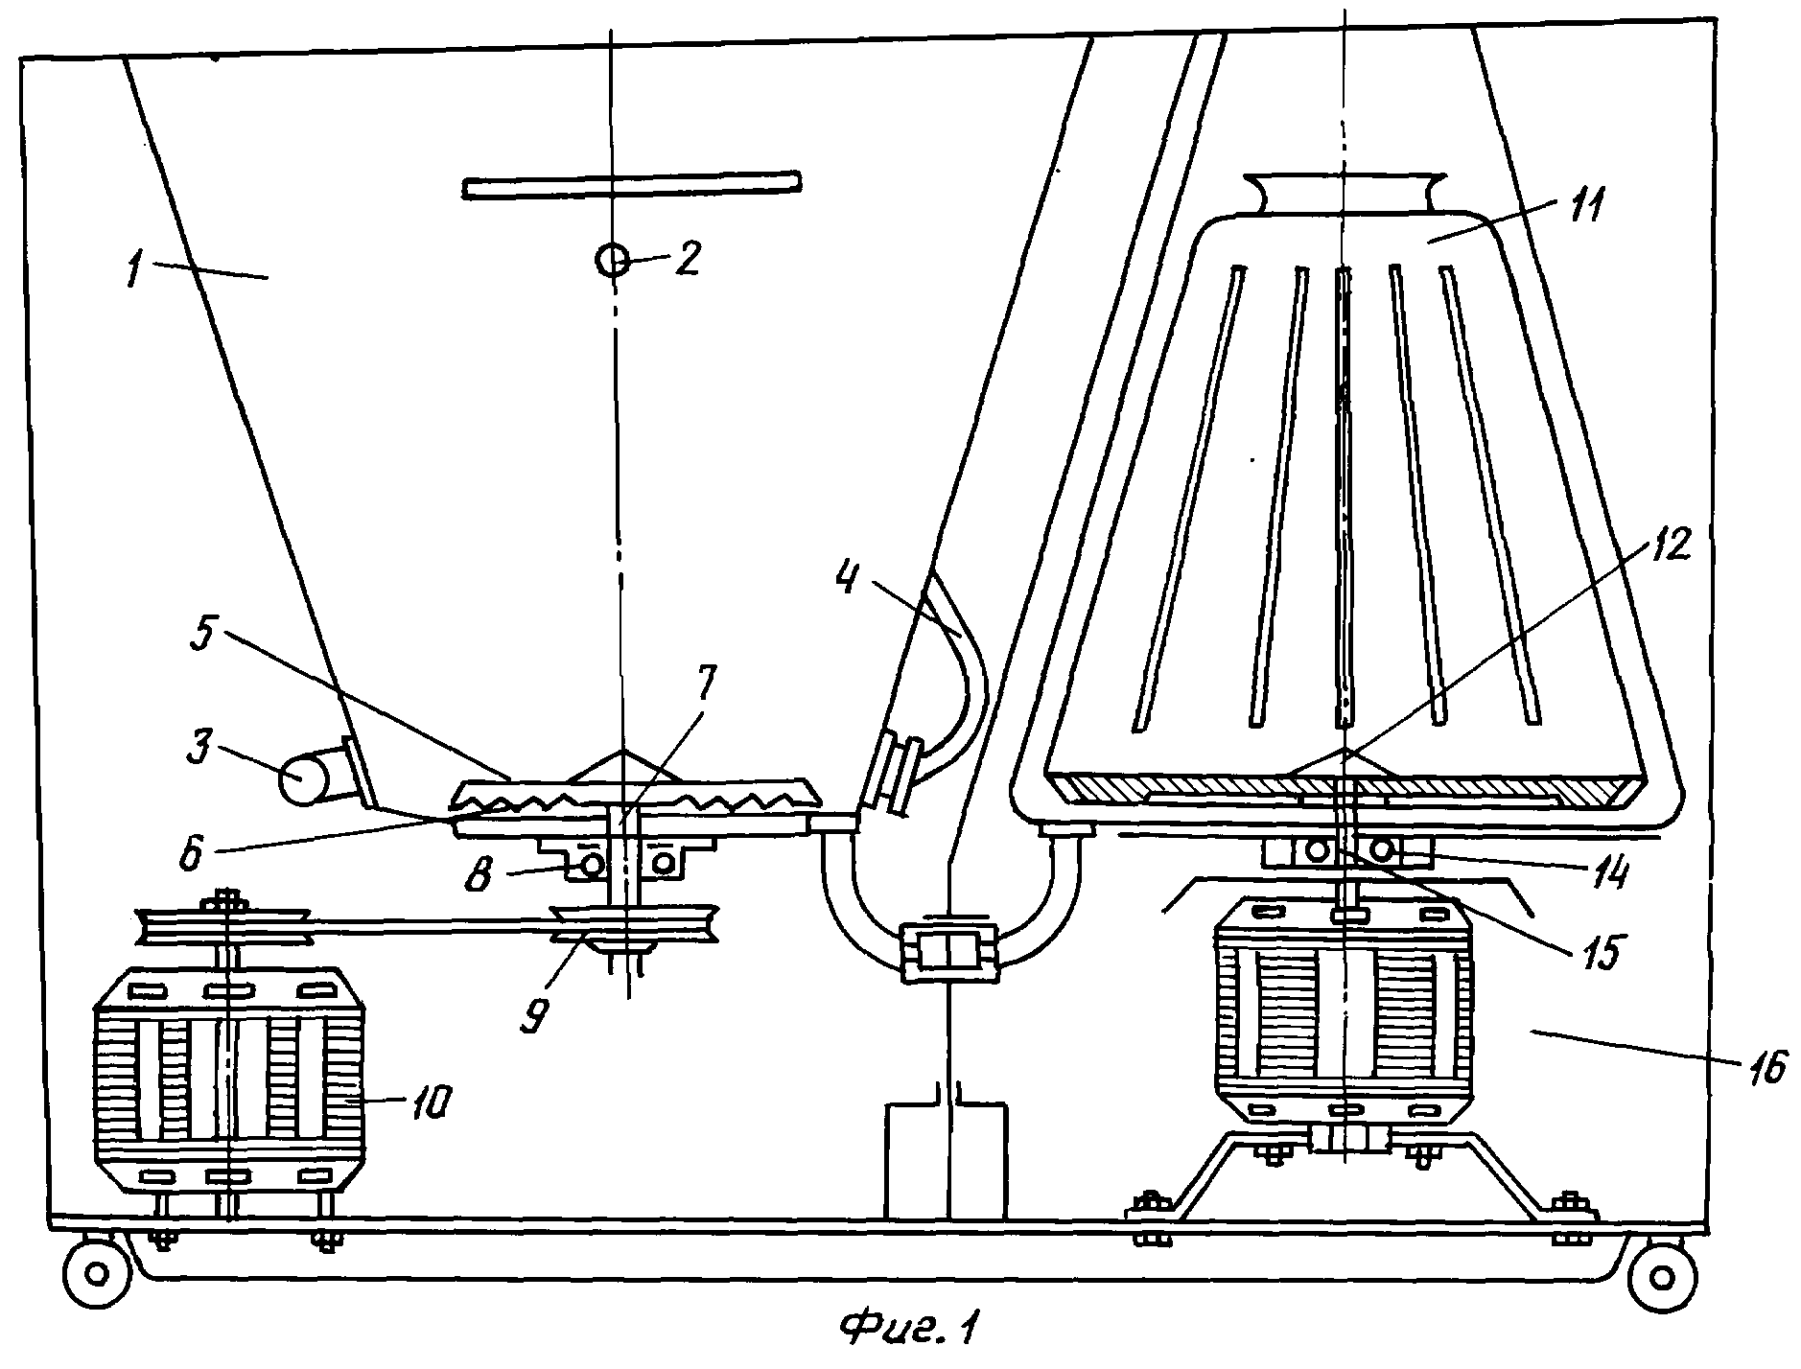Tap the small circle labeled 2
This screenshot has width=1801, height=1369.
pos(611,259)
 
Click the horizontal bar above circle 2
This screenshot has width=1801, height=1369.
pos(631,185)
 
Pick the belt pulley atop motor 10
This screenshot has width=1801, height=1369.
pos(224,928)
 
